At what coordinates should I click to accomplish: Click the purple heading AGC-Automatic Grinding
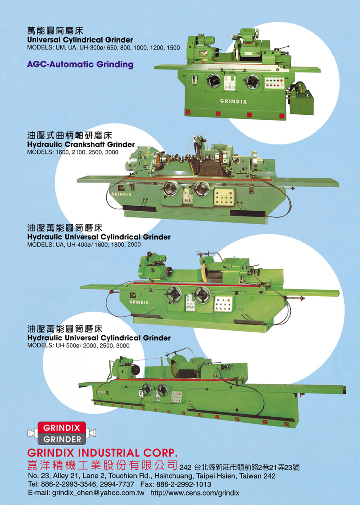point(80,64)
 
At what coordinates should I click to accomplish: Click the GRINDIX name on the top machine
point(234,101)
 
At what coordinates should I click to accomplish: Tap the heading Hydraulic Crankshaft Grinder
point(81,144)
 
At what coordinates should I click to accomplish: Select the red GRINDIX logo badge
point(62,428)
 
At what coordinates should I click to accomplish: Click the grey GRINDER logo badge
point(62,439)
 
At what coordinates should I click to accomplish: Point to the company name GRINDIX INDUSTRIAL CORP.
point(103,453)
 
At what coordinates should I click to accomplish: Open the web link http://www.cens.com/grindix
point(195,493)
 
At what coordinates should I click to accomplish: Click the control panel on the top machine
point(274,83)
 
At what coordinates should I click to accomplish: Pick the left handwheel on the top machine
point(214,81)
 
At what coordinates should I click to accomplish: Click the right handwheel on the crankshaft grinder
point(202,189)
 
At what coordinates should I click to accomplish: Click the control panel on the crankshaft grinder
point(225,197)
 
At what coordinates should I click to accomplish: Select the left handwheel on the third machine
point(174,294)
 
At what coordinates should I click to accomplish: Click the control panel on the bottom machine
point(176,397)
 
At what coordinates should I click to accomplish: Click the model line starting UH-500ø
point(78,346)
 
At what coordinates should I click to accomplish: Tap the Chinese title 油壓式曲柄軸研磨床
point(70,135)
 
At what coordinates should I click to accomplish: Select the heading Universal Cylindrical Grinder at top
point(80,40)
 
